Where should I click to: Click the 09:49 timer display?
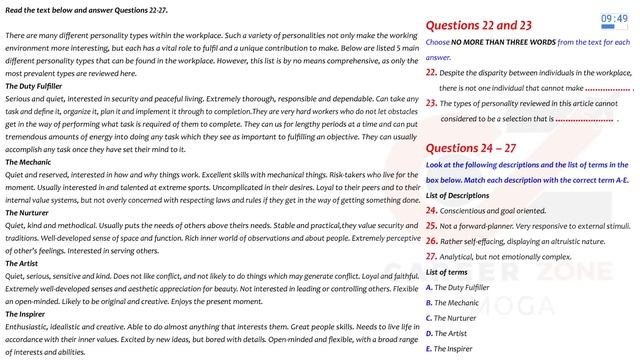tap(613, 19)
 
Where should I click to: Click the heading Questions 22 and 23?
tap(479, 26)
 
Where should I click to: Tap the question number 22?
tap(431, 73)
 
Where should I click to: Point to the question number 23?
tap(431, 103)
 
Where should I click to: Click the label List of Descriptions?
tap(461, 195)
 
